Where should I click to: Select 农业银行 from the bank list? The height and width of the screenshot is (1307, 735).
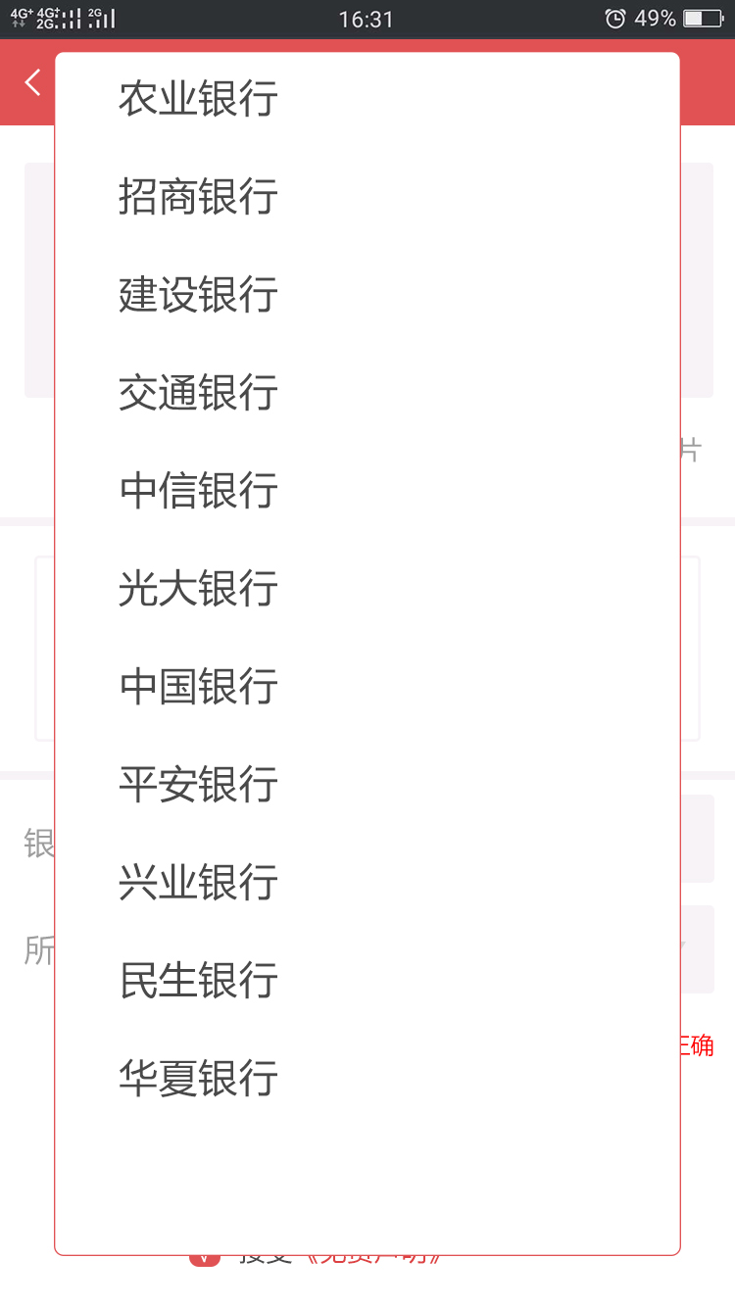pos(198,99)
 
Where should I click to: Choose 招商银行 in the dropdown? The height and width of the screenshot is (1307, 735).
pos(198,197)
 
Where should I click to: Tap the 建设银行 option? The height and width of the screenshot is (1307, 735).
pos(198,295)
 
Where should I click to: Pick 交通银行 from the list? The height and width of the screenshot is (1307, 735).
pos(198,393)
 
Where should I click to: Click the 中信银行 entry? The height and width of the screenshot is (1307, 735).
pos(198,491)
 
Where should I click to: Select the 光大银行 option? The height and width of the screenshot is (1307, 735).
pos(198,589)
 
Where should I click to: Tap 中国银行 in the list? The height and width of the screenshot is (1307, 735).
pos(198,687)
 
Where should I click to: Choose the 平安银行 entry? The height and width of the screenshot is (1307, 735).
pos(198,785)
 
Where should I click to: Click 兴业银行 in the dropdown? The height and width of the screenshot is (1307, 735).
pos(198,883)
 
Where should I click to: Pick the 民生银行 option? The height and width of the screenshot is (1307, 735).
pos(198,981)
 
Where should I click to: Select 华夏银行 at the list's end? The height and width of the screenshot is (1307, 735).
pos(198,1079)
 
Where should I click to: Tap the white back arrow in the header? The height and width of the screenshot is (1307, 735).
pos(33,82)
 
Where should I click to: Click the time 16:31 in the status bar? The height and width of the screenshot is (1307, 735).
pos(366,20)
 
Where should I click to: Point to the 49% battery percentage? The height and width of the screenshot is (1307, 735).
pos(655,19)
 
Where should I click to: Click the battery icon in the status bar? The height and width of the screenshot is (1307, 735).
pos(703,19)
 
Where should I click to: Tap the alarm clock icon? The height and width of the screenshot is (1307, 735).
pos(615,19)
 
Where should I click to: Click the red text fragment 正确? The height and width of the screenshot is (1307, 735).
pos(697,1044)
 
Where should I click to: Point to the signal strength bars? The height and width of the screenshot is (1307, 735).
pos(101,19)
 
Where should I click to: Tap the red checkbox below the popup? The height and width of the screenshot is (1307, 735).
pos(204,1258)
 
